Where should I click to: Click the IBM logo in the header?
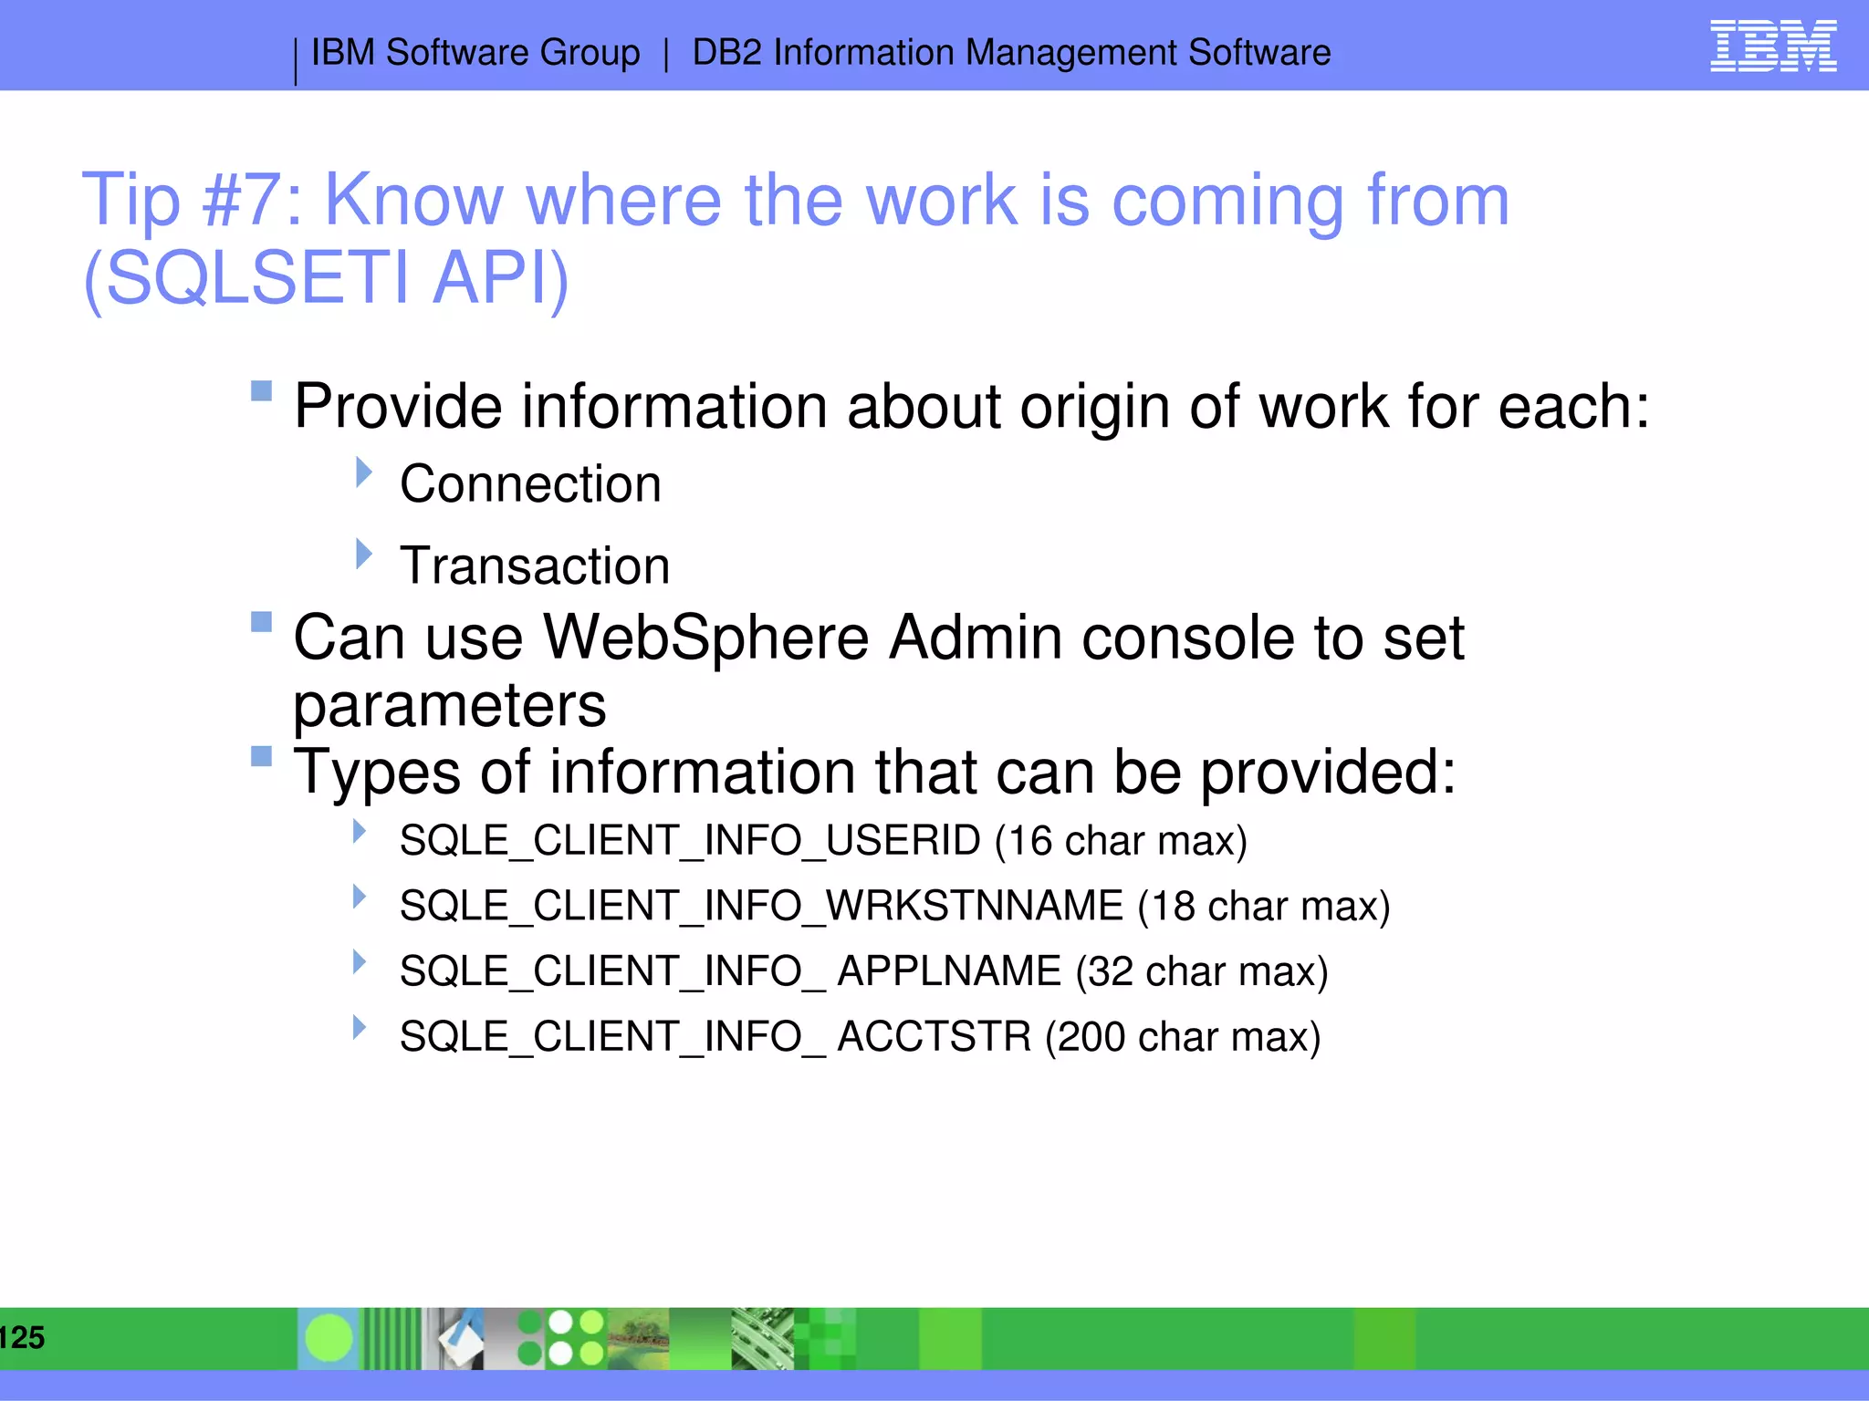1772,46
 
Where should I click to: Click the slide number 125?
22,1337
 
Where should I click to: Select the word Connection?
530,483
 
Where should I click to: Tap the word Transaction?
535,566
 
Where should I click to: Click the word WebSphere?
706,637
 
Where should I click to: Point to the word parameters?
449,705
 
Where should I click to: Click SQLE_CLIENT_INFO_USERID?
690,840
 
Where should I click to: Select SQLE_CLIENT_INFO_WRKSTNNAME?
761,906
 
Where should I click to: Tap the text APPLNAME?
949,971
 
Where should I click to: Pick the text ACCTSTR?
934,1037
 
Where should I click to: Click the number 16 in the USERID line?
1030,840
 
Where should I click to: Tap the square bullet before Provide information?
261,391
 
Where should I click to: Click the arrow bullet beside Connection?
363,472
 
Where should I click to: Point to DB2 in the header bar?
726,53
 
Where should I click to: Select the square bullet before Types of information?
261,756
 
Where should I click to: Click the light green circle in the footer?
329,1338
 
